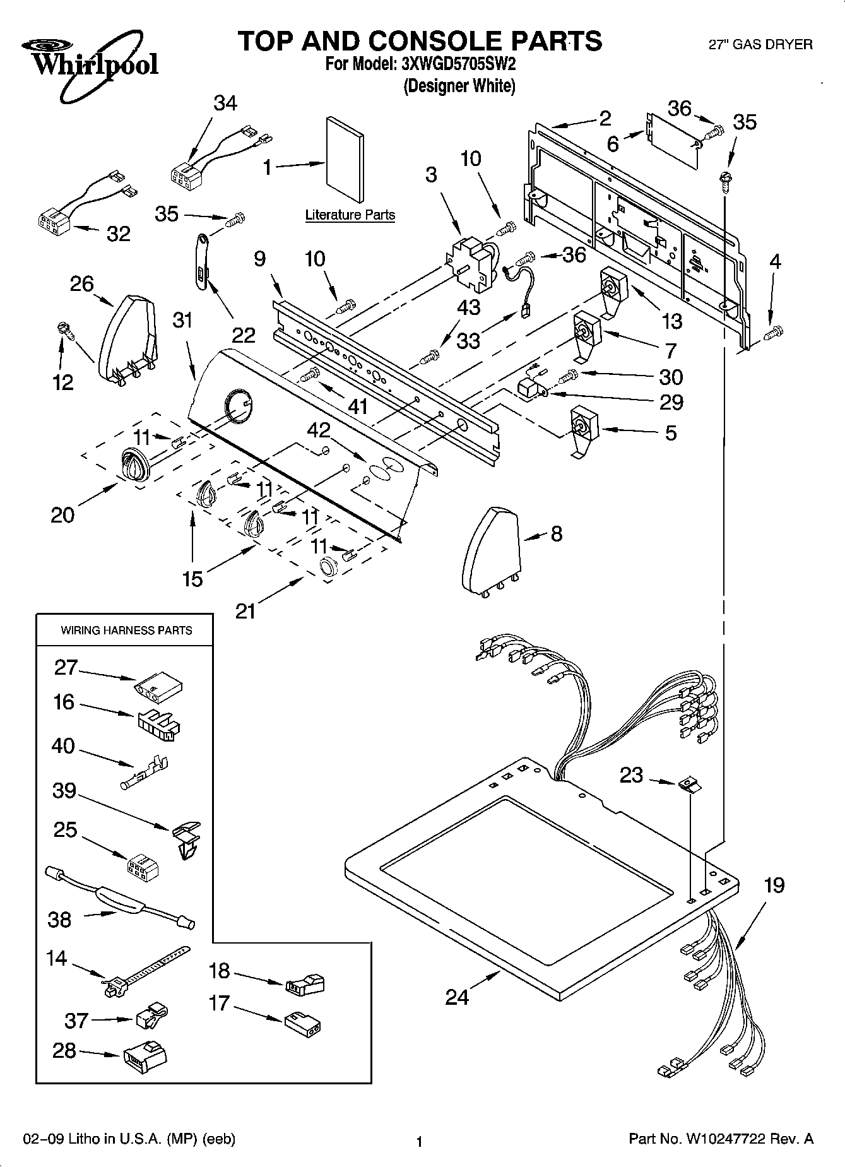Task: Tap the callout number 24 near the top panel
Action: coord(457,997)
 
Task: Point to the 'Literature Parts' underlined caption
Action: coord(350,215)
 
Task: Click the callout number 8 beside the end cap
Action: coord(556,534)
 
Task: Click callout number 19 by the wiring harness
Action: coord(774,885)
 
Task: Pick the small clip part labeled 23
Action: coord(689,785)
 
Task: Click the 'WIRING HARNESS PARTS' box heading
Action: coord(126,630)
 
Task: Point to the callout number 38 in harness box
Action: coord(59,919)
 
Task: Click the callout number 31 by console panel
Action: coord(182,321)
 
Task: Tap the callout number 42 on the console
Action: coord(319,430)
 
